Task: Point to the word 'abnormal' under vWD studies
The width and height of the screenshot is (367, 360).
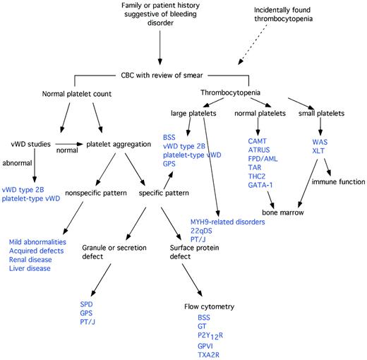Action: pyautogui.click(x=18, y=160)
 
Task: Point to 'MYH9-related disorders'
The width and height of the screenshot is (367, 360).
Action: pyautogui.click(x=227, y=222)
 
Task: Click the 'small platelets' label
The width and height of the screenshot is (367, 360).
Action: pyautogui.click(x=335, y=112)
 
